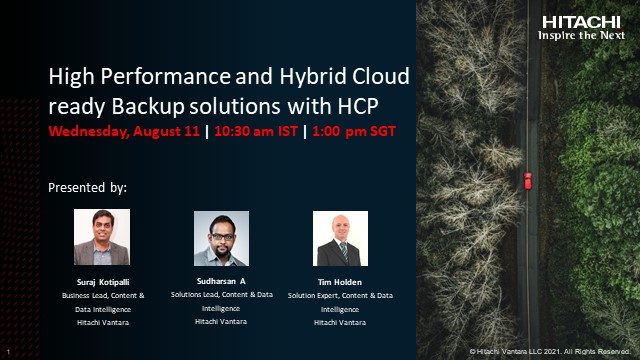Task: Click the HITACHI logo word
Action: point(583,21)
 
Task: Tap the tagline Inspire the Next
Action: point(583,34)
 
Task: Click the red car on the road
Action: point(527,181)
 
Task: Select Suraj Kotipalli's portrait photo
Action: point(102,238)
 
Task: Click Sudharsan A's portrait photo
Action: point(221,238)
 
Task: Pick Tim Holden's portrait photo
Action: point(340,238)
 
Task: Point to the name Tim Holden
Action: point(340,283)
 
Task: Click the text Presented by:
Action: point(88,187)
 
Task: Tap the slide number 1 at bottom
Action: point(8,352)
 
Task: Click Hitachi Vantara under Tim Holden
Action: point(340,322)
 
